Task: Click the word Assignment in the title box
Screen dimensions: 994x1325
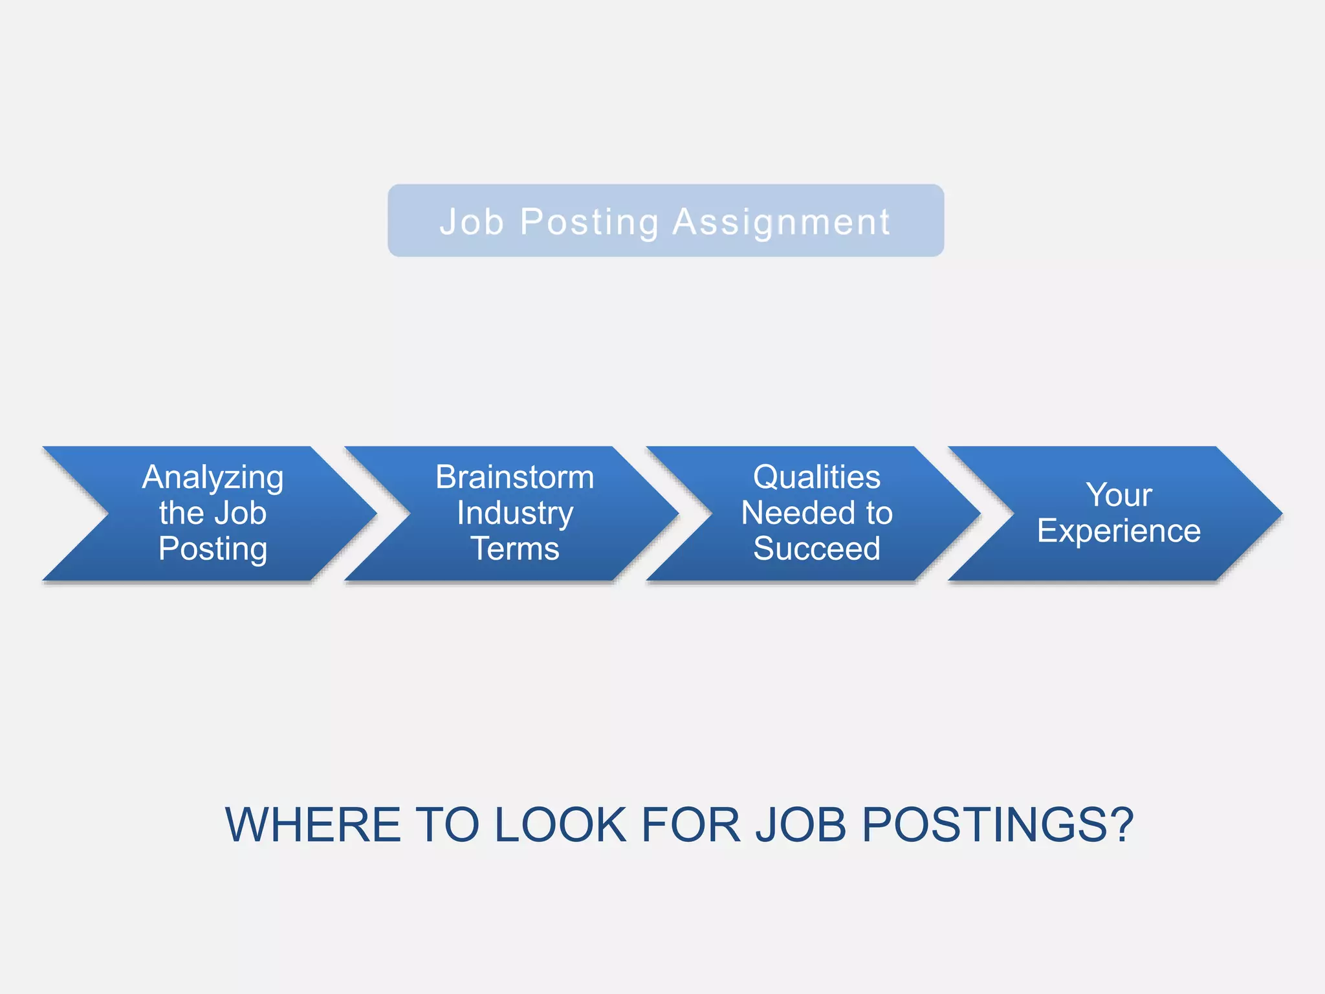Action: [x=781, y=222]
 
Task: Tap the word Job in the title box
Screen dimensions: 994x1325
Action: [x=472, y=222]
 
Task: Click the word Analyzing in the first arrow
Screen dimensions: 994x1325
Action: [x=213, y=478]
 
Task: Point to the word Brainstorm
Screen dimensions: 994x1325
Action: [x=514, y=477]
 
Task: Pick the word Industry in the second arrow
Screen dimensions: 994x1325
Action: [x=515, y=513]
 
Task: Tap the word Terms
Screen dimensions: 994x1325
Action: [x=514, y=549]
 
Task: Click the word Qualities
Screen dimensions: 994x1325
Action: [x=816, y=477]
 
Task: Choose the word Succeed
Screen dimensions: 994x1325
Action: [x=816, y=549]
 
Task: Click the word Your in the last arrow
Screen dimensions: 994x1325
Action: [x=1119, y=495]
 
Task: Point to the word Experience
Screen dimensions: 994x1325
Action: [x=1119, y=531]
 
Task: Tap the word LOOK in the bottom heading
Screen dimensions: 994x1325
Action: [x=560, y=825]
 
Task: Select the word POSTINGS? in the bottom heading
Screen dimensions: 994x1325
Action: [x=998, y=825]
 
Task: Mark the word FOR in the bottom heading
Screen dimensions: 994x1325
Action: [x=691, y=825]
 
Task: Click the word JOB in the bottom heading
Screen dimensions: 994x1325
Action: [x=801, y=825]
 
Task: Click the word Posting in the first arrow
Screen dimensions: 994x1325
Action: [x=213, y=549]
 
